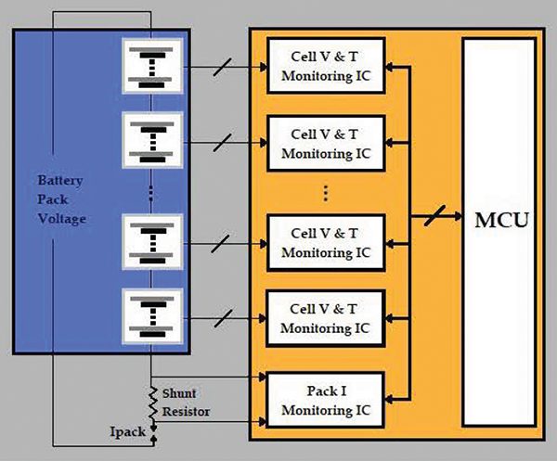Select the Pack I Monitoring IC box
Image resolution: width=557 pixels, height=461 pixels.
[x=324, y=395]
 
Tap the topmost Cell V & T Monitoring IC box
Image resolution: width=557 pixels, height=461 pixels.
[x=324, y=67]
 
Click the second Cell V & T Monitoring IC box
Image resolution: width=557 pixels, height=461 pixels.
[x=324, y=143]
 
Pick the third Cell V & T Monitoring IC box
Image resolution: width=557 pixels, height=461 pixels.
[x=324, y=242]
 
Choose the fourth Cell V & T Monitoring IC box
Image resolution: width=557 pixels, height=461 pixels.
[x=324, y=318]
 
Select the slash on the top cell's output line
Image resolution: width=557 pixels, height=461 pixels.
[x=223, y=67]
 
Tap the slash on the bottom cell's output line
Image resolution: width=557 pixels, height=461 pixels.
[x=223, y=318]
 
